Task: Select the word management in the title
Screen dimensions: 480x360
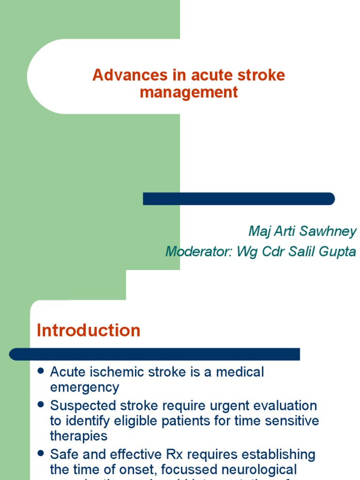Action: (x=188, y=92)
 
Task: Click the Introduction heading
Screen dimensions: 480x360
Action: (x=89, y=330)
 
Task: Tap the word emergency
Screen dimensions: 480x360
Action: (x=84, y=388)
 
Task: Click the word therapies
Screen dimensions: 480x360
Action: (x=79, y=436)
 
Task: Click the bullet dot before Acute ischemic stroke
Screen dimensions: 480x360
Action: (x=41, y=371)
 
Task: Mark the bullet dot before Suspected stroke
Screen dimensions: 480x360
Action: (x=41, y=404)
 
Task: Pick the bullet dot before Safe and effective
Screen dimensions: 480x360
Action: (x=41, y=453)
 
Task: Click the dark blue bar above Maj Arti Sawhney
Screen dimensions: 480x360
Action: (x=239, y=199)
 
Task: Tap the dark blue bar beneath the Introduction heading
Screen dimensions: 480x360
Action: (x=155, y=354)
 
